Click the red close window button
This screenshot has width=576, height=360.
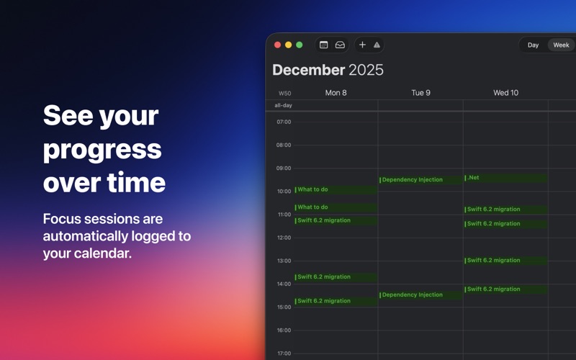coord(278,45)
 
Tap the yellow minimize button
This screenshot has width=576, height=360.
coord(289,45)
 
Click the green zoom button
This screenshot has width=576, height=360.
coord(300,45)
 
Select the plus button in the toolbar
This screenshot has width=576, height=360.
coord(362,45)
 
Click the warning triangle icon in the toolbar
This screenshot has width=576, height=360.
coord(377,45)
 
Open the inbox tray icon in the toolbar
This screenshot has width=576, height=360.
coord(340,45)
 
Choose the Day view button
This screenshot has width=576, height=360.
coord(533,45)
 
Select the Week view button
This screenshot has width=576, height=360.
coord(561,45)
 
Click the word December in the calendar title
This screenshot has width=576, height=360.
coord(309,70)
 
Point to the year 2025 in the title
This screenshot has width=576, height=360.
coord(366,70)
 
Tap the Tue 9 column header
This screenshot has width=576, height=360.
coord(420,93)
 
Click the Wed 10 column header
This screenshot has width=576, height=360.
coord(506,93)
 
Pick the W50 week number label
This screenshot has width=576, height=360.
coord(284,94)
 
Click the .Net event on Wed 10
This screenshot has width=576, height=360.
coord(506,178)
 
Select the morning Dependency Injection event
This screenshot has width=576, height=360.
coord(420,180)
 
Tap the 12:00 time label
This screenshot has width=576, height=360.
coord(284,238)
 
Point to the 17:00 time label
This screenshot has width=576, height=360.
coord(284,354)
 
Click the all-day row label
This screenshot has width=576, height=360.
coord(283,105)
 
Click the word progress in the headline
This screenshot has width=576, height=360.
coord(102,150)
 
